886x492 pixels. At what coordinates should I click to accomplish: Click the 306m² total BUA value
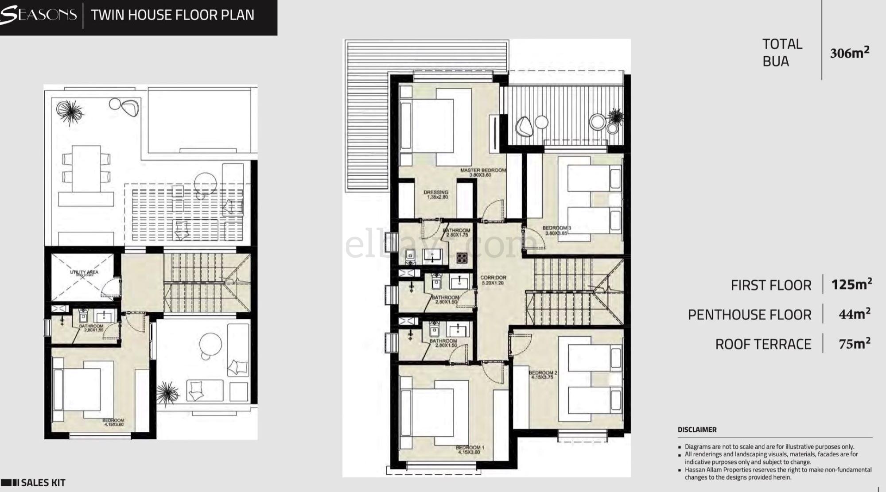tap(849, 52)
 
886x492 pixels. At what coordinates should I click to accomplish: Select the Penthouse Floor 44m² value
tap(854, 314)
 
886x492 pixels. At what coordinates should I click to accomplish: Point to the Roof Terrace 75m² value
tap(854, 344)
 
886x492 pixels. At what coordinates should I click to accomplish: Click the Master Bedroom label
tap(483, 172)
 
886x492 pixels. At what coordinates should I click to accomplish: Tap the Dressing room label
tap(436, 194)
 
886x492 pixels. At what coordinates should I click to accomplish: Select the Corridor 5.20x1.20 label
tap(493, 280)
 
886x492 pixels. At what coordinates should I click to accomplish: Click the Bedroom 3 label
tap(556, 230)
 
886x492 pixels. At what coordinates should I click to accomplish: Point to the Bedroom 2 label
tap(543, 375)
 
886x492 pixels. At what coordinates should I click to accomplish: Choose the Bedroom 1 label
tap(470, 449)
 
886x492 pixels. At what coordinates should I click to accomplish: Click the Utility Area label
tap(84, 273)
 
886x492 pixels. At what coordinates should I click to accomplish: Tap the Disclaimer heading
tap(697, 430)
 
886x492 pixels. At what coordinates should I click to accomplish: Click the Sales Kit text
tap(43, 483)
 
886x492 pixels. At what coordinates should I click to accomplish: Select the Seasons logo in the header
tap(39, 15)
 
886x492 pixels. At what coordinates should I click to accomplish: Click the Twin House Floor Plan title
tap(173, 15)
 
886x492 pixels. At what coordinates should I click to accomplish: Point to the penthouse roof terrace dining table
tap(86, 168)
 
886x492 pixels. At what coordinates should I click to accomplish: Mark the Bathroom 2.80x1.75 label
tap(457, 232)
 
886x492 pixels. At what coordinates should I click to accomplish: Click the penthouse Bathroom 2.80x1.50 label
tap(91, 328)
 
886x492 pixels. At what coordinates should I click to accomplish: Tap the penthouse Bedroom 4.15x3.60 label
tap(113, 422)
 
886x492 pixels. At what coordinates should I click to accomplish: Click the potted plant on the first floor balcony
tap(616, 116)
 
